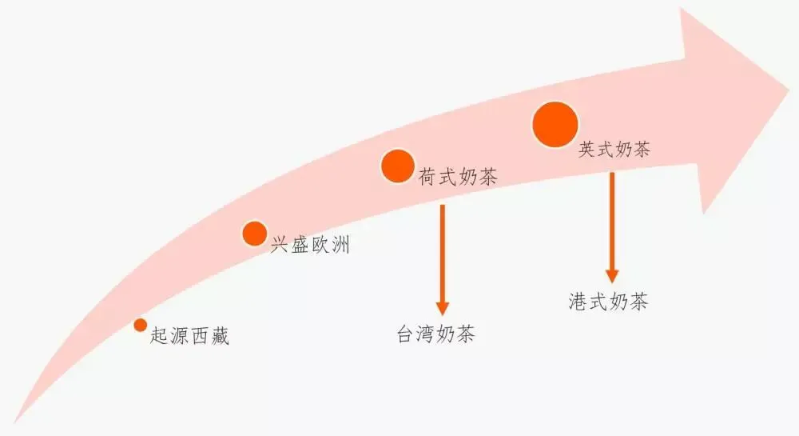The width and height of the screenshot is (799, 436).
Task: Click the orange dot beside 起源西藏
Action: point(141,325)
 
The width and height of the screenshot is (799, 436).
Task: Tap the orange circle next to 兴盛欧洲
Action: point(254,233)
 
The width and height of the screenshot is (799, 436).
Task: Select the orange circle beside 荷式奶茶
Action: point(397,166)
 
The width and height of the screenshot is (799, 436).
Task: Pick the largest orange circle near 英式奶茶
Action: point(555,125)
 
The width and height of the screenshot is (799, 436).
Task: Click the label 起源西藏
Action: point(190,336)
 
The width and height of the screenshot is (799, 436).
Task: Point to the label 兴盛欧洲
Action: point(310,245)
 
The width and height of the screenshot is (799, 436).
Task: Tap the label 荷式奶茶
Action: point(458,177)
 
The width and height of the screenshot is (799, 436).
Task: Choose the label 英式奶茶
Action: point(614,149)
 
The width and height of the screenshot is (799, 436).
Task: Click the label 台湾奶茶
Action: point(435,334)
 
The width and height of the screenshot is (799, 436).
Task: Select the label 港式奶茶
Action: point(609,302)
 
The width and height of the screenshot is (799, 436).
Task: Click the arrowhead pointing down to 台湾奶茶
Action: point(442,307)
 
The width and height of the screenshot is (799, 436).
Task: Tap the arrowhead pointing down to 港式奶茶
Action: point(612,275)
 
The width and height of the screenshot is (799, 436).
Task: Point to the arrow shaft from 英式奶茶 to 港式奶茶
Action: point(612,220)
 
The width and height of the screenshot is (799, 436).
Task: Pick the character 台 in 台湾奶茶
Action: point(406,334)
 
